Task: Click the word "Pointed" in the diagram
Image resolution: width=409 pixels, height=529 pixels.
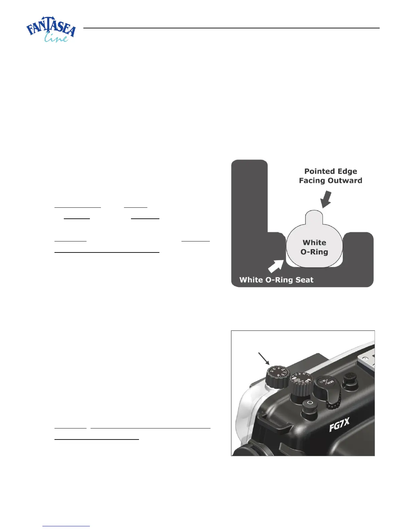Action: pyautogui.click(x=317, y=171)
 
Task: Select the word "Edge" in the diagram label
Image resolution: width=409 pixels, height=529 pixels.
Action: pyautogui.click(x=348, y=171)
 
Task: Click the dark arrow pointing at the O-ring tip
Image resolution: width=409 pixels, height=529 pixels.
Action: pyautogui.click(x=325, y=199)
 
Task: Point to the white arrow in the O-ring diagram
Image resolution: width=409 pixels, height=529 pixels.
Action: pyautogui.click(x=275, y=267)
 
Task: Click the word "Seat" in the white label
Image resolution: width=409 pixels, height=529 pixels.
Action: pyautogui.click(x=304, y=280)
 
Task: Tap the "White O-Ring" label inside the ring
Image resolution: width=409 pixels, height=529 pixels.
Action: pyautogui.click(x=314, y=247)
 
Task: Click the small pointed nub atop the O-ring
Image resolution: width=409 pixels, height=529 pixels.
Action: pyautogui.click(x=314, y=216)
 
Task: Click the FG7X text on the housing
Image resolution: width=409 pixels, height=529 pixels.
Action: pyautogui.click(x=339, y=425)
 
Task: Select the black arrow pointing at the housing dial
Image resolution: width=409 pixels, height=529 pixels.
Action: pyautogui.click(x=264, y=358)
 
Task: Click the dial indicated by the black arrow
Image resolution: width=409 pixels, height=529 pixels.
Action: pyautogui.click(x=277, y=377)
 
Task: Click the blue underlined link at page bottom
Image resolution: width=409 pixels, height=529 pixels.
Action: pyautogui.click(x=66, y=526)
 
